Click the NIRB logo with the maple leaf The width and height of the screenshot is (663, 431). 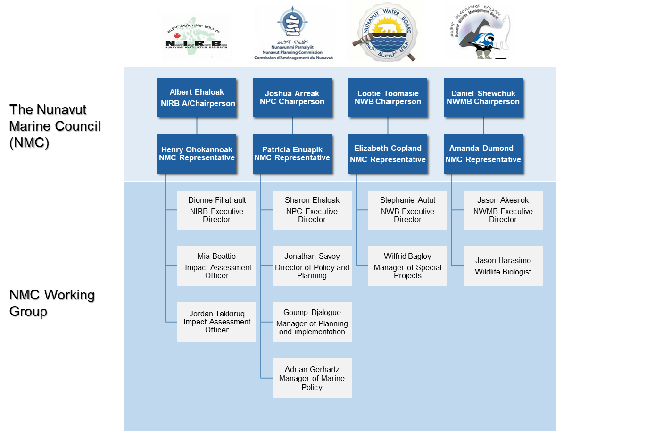pyautogui.click(x=195, y=37)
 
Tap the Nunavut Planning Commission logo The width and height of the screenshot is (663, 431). pyautogui.click(x=294, y=34)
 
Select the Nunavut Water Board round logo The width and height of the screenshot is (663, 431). pyautogui.click(x=385, y=32)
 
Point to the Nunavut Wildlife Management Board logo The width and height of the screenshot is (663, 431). pyautogui.click(x=486, y=30)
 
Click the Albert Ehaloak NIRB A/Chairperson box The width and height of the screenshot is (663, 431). pyautogui.click(x=197, y=98)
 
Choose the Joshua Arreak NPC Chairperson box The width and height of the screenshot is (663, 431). pyautogui.click(x=292, y=98)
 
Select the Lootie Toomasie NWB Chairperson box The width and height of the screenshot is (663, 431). pyautogui.click(x=388, y=98)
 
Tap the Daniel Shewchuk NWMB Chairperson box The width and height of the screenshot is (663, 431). pyautogui.click(x=483, y=98)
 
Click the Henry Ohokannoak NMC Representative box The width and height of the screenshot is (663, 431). pyautogui.click(x=197, y=154)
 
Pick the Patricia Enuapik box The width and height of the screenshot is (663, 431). pyautogui.click(x=292, y=154)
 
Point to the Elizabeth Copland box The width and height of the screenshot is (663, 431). pyautogui.click(x=388, y=154)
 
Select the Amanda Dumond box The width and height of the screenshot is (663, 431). pyautogui.click(x=483, y=154)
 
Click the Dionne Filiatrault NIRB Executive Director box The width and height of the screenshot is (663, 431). pyautogui.click(x=216, y=210)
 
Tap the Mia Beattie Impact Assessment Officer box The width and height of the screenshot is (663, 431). pyautogui.click(x=216, y=266)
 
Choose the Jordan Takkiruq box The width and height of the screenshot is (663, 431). pyautogui.click(x=216, y=322)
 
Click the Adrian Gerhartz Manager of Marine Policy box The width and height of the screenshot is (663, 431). pyautogui.click(x=312, y=378)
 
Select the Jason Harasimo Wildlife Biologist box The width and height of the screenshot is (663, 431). pyautogui.click(x=503, y=266)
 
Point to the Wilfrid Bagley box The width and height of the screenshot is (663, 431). pyautogui.click(x=407, y=266)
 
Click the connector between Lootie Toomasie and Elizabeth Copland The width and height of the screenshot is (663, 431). pyautogui.click(x=388, y=126)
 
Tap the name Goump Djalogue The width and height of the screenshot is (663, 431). pyautogui.click(x=312, y=312)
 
